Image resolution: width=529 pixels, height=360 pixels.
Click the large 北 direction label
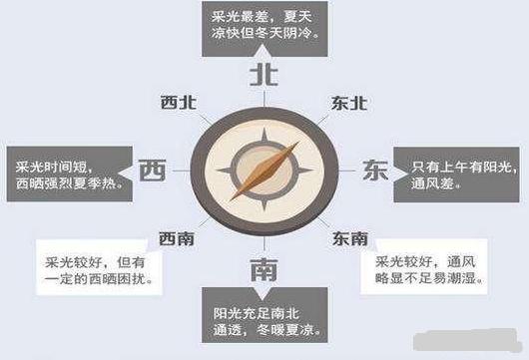click(263, 74)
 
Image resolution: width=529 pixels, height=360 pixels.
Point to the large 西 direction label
click(152, 171)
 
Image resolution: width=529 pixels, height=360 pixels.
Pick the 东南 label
click(350, 238)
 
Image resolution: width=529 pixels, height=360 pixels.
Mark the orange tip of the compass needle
click(293, 143)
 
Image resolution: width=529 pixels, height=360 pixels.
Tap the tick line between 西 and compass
click(182, 171)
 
